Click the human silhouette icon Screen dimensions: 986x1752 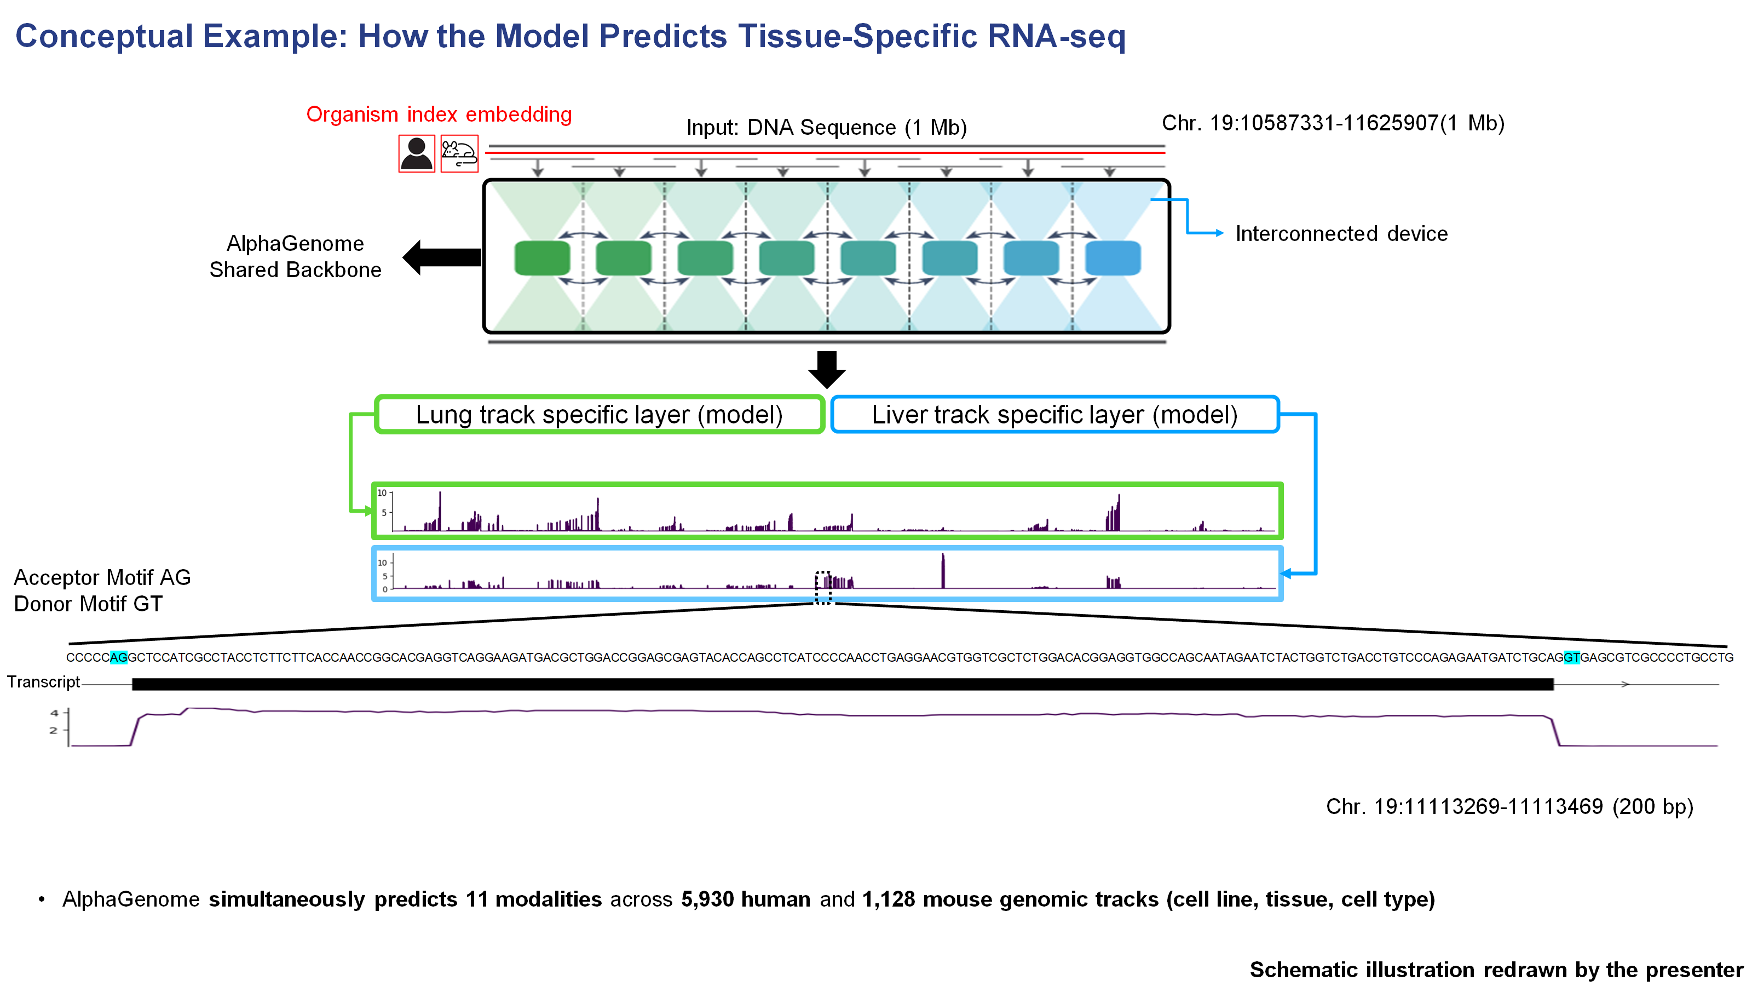[416, 153]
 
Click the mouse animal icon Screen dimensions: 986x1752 [459, 154]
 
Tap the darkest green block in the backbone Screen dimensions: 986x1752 [542, 258]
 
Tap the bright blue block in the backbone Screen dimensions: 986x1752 [1113, 258]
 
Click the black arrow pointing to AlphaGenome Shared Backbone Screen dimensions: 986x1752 [442, 257]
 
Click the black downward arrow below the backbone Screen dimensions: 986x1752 [826, 369]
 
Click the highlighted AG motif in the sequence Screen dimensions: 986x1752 [118, 657]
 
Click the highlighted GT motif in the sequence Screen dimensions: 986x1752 [1571, 657]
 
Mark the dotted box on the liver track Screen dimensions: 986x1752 [823, 587]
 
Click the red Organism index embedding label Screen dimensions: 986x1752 [439, 114]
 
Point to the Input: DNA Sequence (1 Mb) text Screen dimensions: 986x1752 [826, 127]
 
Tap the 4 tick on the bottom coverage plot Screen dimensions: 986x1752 [54, 713]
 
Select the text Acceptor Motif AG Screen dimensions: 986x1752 [102, 577]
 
